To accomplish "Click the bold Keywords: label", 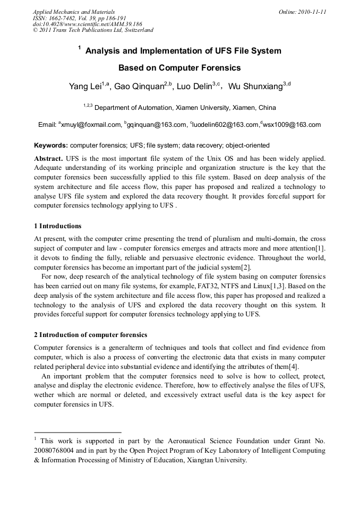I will coord(51,145).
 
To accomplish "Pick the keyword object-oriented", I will coord(247,145).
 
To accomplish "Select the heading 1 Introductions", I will coord(58,226).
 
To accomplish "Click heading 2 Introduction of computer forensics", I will coord(90,335).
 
